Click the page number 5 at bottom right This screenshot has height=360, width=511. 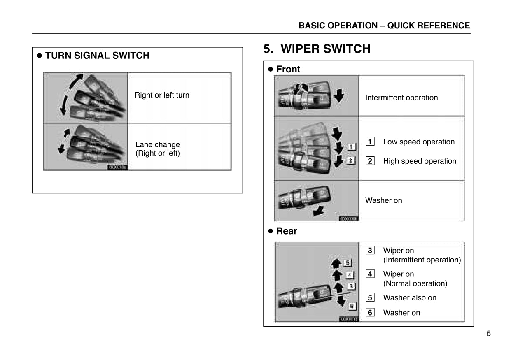[488, 334]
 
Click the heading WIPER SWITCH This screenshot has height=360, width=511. [325, 49]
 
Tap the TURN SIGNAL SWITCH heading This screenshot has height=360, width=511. [97, 56]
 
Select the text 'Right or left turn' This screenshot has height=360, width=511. [162, 95]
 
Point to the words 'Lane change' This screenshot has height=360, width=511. [158, 144]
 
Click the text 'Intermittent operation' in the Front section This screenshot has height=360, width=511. [401, 98]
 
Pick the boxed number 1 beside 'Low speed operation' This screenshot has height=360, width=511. [370, 142]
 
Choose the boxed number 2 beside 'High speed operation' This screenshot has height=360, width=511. [370, 161]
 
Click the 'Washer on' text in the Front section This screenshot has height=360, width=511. [384, 200]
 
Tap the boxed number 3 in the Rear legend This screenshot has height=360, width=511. [370, 251]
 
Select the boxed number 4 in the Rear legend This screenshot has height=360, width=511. [370, 274]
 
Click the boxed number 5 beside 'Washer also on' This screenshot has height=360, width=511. [370, 298]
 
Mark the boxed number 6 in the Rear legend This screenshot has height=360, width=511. [370, 313]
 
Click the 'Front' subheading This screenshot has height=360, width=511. [288, 69]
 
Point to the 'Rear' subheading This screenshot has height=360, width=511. [287, 231]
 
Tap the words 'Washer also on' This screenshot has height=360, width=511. [410, 298]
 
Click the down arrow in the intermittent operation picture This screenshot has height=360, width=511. [338, 96]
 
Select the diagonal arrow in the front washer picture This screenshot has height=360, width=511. [318, 211]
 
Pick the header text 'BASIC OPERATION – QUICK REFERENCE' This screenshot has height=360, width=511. [384, 26]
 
